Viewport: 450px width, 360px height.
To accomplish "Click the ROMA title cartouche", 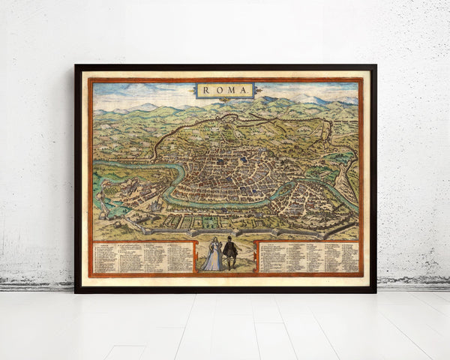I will pyautogui.click(x=225, y=91).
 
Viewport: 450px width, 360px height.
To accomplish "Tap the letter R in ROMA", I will pyautogui.click(x=206, y=91).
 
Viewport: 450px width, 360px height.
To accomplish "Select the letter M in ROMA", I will pyautogui.click(x=231, y=91).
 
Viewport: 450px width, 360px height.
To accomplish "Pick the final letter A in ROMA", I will pyautogui.click(x=244, y=91).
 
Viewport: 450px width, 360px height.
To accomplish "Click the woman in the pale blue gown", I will pyautogui.click(x=213, y=255).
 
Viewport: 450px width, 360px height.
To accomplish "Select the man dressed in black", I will pyautogui.click(x=230, y=253).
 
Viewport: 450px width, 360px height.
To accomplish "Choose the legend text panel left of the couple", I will pyautogui.click(x=143, y=257).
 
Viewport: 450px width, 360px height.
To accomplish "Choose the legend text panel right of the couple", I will pyautogui.click(x=308, y=256).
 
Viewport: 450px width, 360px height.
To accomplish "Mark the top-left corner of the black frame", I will pyautogui.click(x=76, y=66).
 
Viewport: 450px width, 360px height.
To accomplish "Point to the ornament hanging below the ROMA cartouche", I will pyautogui.click(x=225, y=100).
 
